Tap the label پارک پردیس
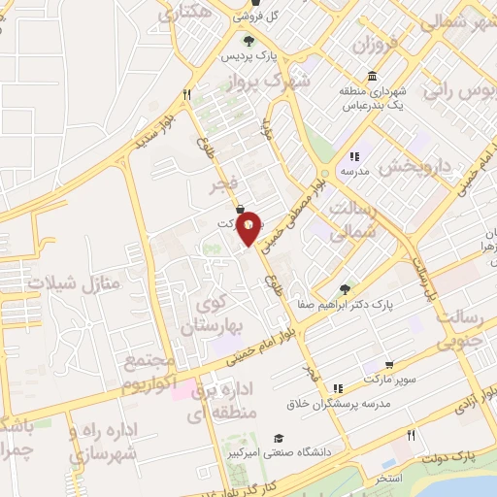(x=248, y=56)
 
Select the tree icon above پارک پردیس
(x=248, y=41)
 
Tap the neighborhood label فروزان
(x=375, y=45)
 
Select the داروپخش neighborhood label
(x=414, y=166)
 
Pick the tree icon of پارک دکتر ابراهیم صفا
(x=346, y=288)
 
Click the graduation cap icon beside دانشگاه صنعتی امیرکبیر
(x=279, y=438)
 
